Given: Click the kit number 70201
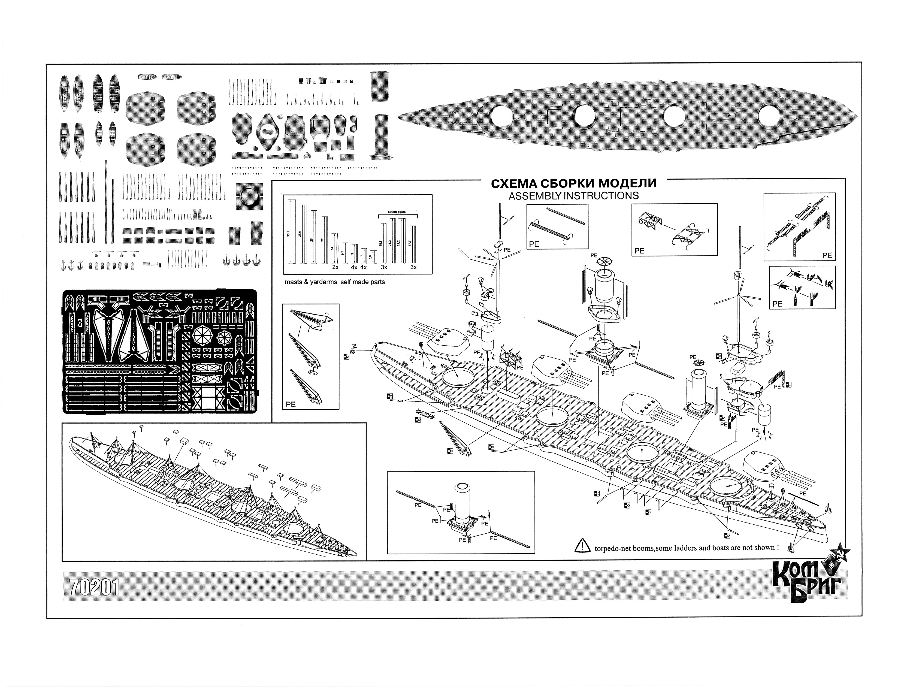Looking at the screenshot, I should [x=95, y=588].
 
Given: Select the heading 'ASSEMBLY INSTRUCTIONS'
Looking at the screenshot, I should [x=573, y=196].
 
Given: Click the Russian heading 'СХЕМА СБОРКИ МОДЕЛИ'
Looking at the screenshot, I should [x=573, y=183].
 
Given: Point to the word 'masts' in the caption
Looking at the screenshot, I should [x=294, y=282].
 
